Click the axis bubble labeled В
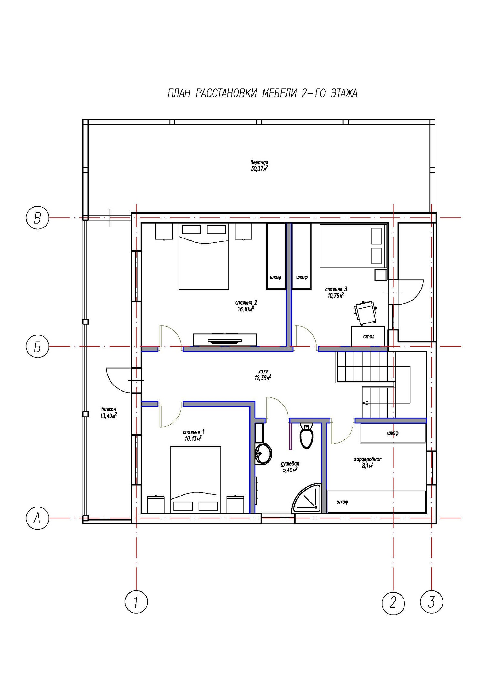tap(37, 219)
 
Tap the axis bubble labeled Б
tap(37, 347)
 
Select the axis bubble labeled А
tap(37, 518)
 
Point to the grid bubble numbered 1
tap(136, 602)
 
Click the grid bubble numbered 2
tap(393, 602)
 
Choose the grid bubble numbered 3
tap(432, 602)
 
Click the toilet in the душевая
tap(307, 435)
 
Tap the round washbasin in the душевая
tap(263, 454)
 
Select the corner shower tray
tap(307, 498)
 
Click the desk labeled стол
tap(368, 336)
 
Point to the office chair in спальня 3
tap(365, 312)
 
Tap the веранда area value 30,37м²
tap(259, 168)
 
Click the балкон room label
tap(109, 409)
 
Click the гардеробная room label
tap(368, 459)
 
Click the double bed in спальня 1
tap(195, 480)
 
